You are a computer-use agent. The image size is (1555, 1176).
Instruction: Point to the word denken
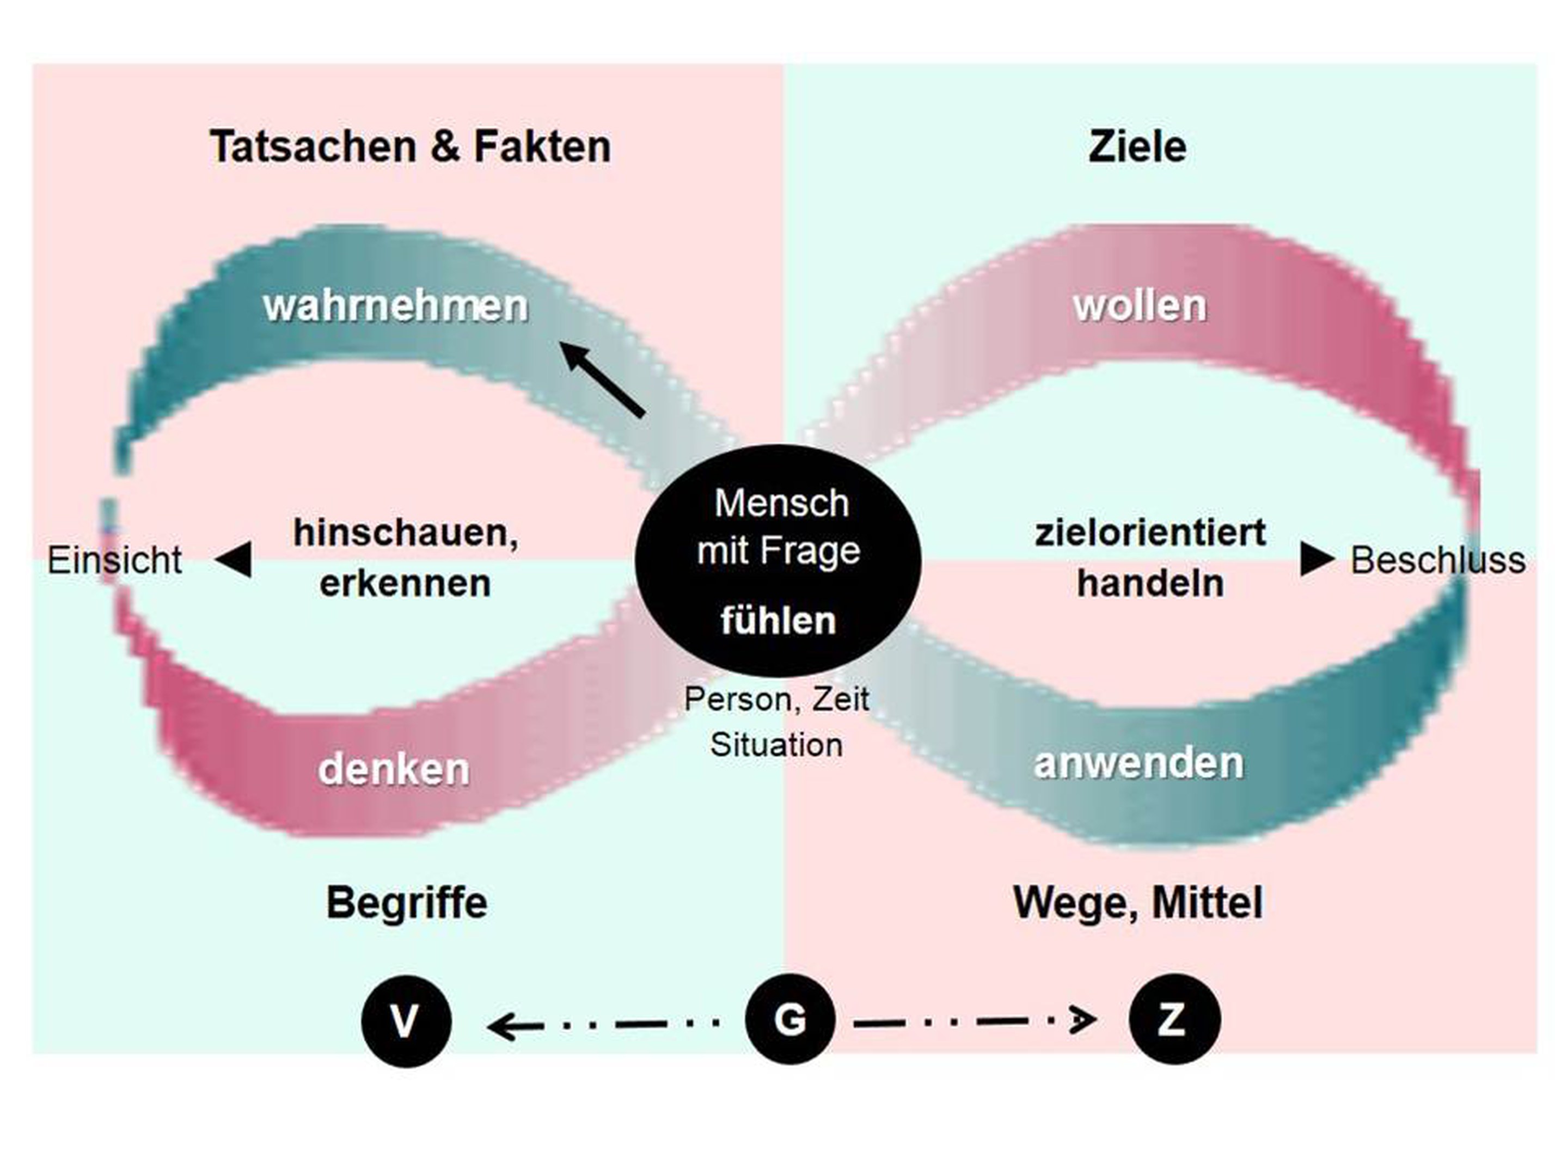coord(394,768)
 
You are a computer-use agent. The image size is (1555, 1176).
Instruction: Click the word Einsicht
coord(114,560)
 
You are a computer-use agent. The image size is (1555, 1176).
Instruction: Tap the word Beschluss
coord(1437,560)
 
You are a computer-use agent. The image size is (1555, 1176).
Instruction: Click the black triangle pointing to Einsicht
coord(234,560)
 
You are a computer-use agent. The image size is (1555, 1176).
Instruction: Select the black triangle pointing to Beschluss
coord(1316,560)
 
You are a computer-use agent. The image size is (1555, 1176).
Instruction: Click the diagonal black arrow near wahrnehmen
coord(603,379)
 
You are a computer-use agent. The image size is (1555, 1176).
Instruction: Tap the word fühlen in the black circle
coord(778,621)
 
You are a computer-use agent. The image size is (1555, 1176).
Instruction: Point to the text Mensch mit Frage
coord(779,526)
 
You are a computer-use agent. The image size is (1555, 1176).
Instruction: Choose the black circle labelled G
coord(789,1019)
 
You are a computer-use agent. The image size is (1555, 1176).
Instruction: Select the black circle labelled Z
coord(1174,1019)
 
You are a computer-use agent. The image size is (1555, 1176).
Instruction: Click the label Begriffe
coord(406,903)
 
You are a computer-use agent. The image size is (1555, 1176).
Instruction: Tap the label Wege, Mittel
coord(1137,903)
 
